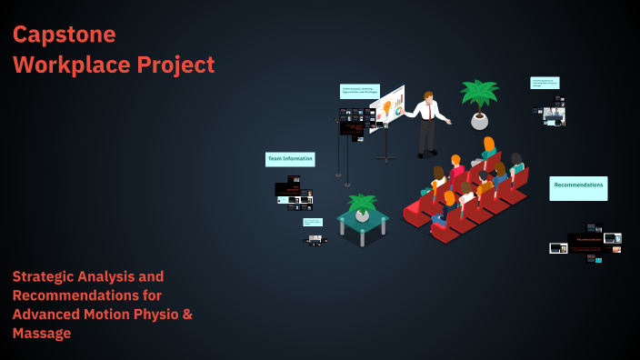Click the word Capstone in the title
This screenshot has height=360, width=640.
coord(65,35)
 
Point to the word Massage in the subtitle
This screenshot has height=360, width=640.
coord(42,334)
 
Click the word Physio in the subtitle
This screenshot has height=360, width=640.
coord(154,315)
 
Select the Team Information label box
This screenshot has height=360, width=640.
coord(290,159)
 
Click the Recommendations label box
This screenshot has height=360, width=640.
coord(578,185)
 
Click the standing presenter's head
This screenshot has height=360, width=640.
coord(429,95)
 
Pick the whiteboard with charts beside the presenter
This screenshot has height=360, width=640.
coord(388,109)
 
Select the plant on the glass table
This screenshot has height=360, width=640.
coord(363,206)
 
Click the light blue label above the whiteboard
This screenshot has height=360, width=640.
coord(359,92)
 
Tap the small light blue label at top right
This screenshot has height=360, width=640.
coord(545,83)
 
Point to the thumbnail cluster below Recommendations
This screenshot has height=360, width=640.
coord(588,244)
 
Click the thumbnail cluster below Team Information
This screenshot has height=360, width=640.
coord(293,190)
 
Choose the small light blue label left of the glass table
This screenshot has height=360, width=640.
coord(313,222)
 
